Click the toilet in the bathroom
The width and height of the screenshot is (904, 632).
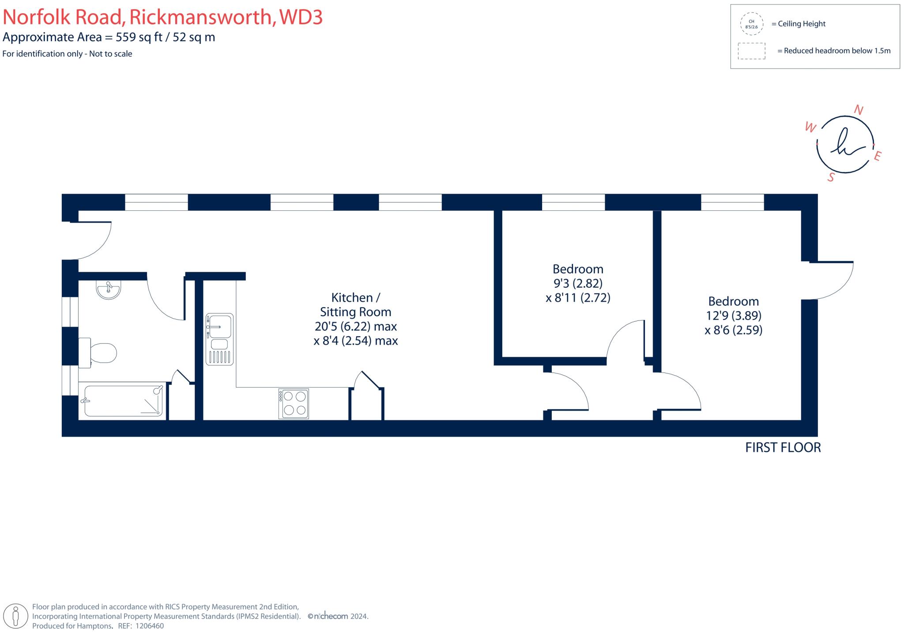click(99, 353)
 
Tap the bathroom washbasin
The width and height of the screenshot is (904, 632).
click(108, 290)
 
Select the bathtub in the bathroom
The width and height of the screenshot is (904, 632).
click(123, 401)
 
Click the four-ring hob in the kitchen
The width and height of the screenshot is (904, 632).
click(294, 403)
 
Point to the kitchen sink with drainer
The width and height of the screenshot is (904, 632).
click(219, 339)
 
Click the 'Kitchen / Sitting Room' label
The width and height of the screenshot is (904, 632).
click(355, 305)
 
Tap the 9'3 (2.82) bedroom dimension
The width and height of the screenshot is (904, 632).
click(577, 283)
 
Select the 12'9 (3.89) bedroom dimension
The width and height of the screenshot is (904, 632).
click(733, 316)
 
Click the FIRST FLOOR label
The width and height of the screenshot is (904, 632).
click(783, 448)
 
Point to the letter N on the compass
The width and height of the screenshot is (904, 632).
click(859, 110)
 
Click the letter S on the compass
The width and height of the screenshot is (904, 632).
click(832, 177)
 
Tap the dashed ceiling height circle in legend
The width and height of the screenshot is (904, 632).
click(751, 24)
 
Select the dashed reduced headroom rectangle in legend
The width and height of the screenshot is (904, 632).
click(751, 51)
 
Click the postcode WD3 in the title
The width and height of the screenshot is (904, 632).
click(301, 17)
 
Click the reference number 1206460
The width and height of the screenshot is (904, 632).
click(149, 626)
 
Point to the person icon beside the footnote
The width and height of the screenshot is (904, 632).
click(16, 616)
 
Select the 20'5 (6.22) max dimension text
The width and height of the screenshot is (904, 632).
click(355, 327)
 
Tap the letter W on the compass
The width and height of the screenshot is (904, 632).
click(810, 128)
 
